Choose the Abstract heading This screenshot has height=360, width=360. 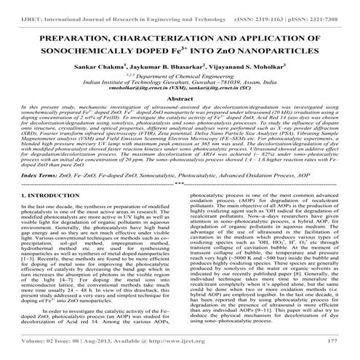click(x=180, y=97)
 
